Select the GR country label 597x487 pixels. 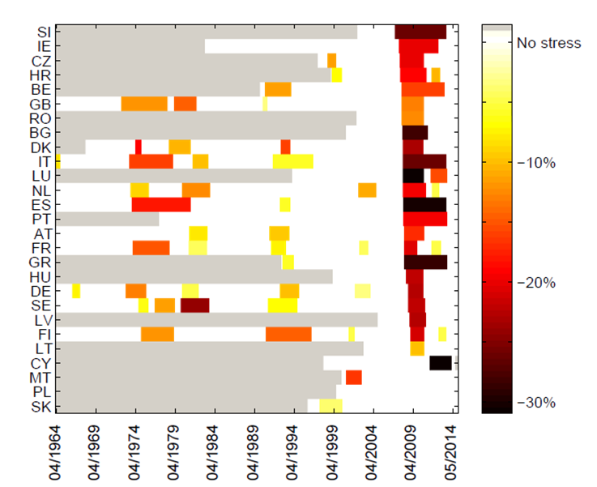tap(42, 262)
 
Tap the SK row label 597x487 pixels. tap(43, 406)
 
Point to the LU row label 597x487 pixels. tap(43, 176)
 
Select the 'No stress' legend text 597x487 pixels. tap(548, 42)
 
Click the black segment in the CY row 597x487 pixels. tap(440, 363)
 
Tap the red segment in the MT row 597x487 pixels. tap(353, 377)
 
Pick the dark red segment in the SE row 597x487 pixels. tap(194, 305)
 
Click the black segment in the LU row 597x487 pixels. tap(413, 175)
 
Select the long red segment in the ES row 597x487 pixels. tap(161, 204)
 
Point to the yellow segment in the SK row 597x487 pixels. tap(330, 406)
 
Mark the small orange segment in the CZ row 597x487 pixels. tap(331, 60)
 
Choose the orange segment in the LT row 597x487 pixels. tap(417, 348)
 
